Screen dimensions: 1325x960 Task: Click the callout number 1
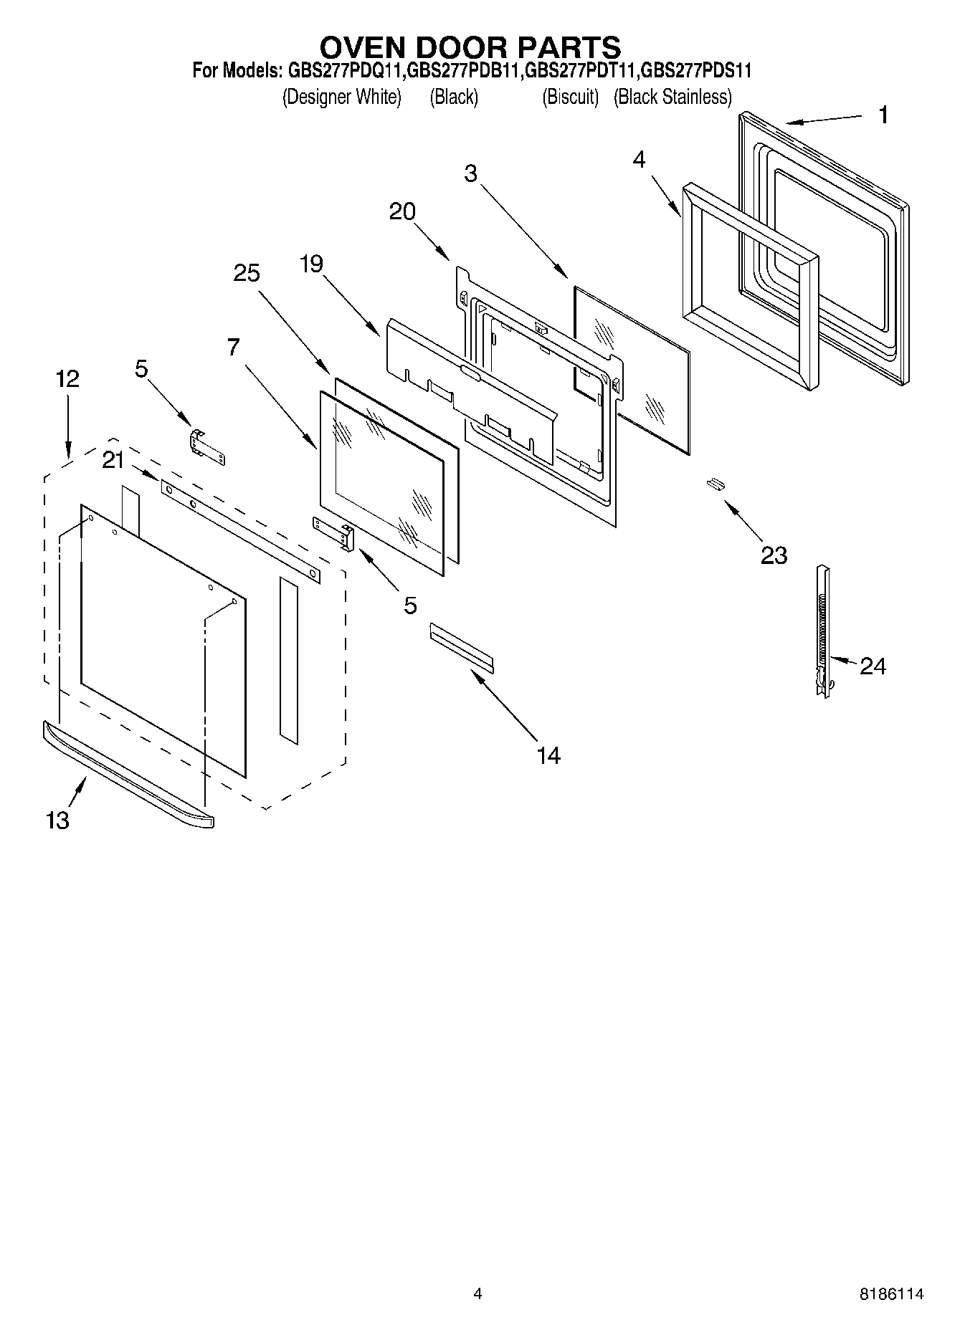883,115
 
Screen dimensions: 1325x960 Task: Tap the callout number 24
873,666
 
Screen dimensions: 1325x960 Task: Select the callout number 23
774,555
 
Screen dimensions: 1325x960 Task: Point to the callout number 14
548,755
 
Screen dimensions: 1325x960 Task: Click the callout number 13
58,820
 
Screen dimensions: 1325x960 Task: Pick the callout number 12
67,378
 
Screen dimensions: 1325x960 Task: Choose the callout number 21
113,460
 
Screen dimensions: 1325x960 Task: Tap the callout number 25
246,273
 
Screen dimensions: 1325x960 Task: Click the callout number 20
402,211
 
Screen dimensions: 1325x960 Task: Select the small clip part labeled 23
714,484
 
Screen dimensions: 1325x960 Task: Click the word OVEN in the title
362,47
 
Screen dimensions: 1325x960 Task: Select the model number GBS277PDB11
465,71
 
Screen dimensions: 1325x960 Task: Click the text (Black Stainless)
673,97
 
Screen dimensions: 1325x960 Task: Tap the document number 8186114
892,1293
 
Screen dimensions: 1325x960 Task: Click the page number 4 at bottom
477,1293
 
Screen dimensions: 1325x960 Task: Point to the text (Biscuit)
570,97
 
